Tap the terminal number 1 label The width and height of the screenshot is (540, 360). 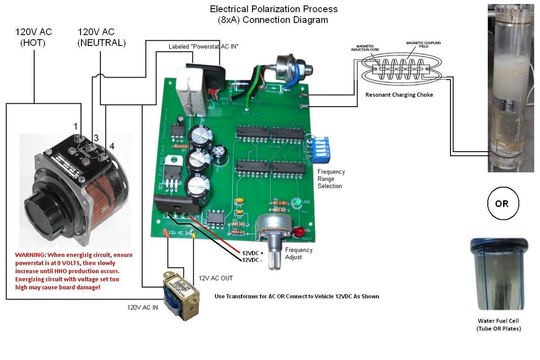coord(75,126)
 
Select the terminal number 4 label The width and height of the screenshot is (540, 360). coord(112,146)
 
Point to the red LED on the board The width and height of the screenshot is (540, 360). coord(299,232)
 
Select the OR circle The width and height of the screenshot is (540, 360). coord(501,204)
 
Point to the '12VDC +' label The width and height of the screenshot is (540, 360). coord(252,253)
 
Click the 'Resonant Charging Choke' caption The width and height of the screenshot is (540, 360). coord(399,95)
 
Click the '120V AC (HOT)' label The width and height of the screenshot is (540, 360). coord(33,37)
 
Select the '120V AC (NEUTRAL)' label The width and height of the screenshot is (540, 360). coord(102,37)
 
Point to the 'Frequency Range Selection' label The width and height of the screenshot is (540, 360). coord(331,179)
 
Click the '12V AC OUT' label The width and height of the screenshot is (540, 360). coord(216,278)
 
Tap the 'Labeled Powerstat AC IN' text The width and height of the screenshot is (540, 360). coord(203,46)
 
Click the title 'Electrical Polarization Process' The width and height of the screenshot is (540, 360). coord(274,9)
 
